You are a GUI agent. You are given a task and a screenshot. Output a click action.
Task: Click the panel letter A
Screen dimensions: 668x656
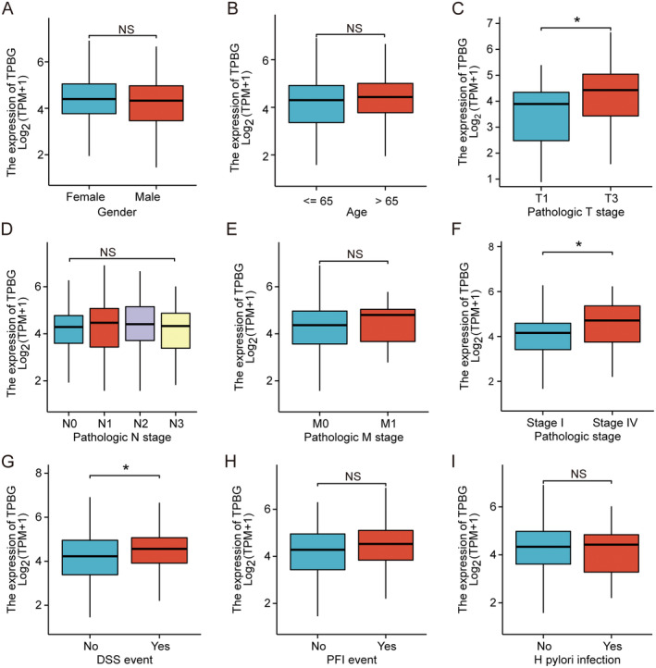click(x=7, y=8)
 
